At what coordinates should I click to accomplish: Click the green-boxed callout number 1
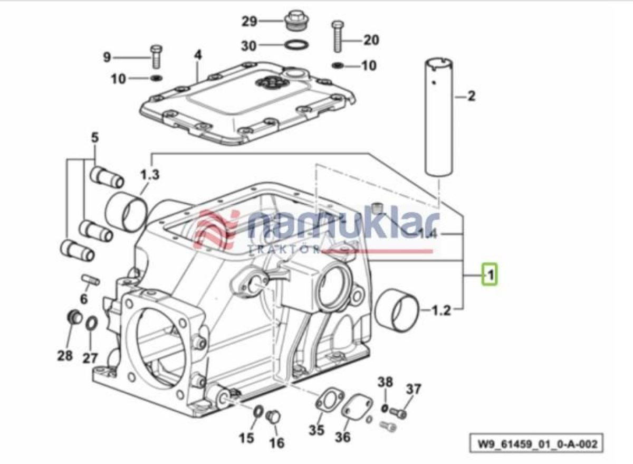pyautogui.click(x=490, y=274)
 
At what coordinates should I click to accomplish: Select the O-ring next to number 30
pyautogui.click(x=296, y=45)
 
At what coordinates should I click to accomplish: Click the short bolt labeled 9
pyautogui.click(x=156, y=56)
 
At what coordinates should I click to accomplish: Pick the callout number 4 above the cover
pyautogui.click(x=198, y=55)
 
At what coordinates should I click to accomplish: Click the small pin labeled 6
pyautogui.click(x=90, y=279)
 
